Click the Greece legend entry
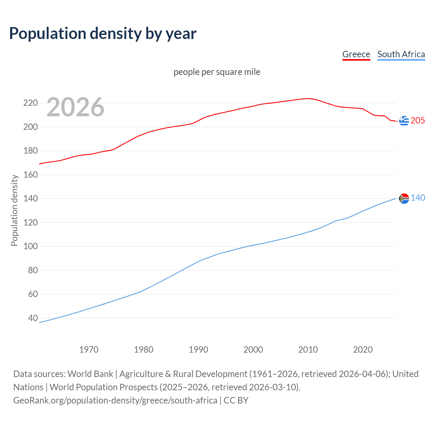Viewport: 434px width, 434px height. pos(356,54)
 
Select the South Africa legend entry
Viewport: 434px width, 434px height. pos(401,54)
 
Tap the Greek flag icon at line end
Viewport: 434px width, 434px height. pos(404,120)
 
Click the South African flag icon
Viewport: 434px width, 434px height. pos(404,198)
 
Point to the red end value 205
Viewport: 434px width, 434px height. pos(418,120)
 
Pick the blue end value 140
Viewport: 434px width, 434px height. pos(418,198)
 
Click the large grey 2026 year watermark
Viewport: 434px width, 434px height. pos(75,107)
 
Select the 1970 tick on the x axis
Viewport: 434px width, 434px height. pos(89,350)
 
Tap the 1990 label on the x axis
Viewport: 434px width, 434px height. pos(198,350)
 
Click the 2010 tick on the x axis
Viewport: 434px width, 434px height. pos(308,350)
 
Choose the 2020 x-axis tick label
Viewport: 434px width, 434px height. pos(363,350)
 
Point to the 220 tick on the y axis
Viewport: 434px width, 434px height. pos(30,103)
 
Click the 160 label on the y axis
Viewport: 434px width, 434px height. pos(30,175)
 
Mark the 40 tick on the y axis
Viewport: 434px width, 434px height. pos(33,318)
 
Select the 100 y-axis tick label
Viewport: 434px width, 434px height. pos(30,246)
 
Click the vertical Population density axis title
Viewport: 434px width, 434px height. pos(14,210)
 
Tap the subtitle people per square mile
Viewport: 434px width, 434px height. pos(217,72)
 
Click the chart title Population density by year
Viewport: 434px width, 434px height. pos(103,33)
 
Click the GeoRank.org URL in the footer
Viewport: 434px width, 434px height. pos(115,400)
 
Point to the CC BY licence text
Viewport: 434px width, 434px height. pos(236,400)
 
